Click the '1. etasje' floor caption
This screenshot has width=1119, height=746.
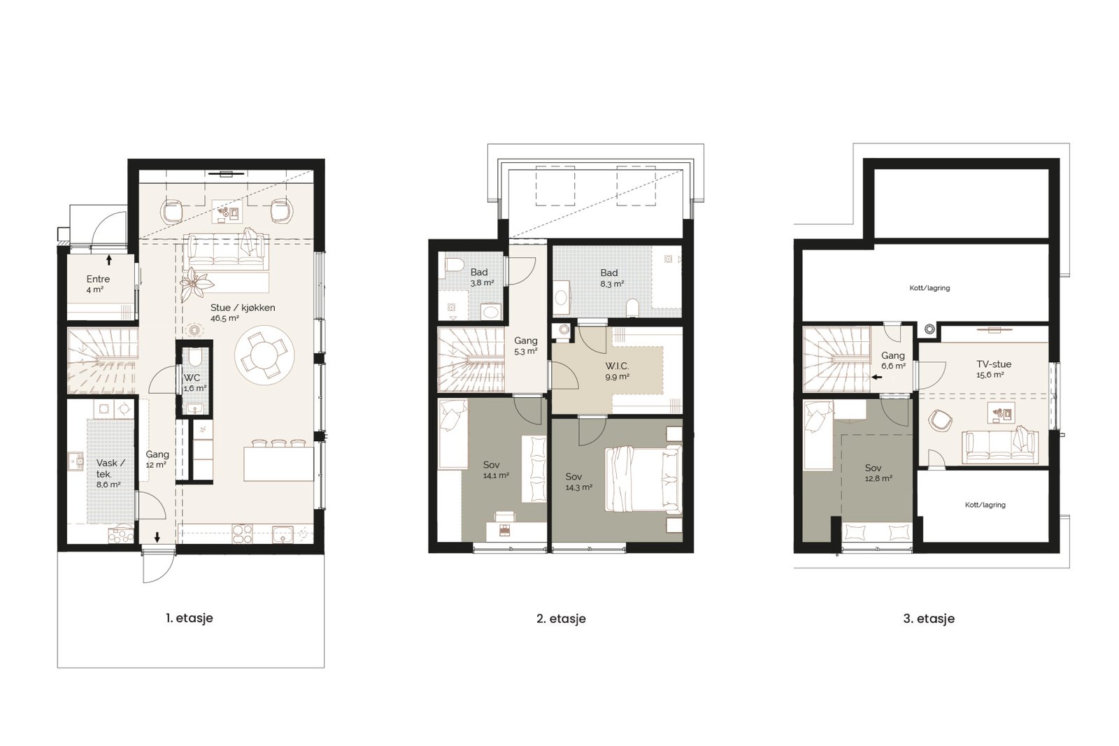click(x=190, y=618)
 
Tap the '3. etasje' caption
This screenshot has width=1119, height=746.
click(x=929, y=619)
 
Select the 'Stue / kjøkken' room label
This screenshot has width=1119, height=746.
click(x=243, y=308)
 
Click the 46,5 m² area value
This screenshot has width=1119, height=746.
click(x=224, y=319)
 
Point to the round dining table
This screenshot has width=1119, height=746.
click(x=264, y=355)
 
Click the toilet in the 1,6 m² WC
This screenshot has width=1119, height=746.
click(x=194, y=356)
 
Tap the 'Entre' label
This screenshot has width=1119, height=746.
click(x=98, y=279)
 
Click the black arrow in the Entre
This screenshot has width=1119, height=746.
click(x=109, y=259)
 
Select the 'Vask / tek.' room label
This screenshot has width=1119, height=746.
click(x=108, y=468)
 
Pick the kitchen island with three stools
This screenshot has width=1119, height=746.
click(x=279, y=464)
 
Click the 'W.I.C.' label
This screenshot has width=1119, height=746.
click(x=617, y=366)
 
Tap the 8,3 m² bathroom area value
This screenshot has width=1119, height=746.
click(x=613, y=284)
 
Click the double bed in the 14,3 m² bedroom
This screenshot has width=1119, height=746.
click(x=643, y=479)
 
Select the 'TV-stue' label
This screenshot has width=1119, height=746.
click(x=994, y=364)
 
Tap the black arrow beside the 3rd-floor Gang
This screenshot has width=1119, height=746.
click(x=876, y=378)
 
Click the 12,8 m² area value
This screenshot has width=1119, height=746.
click(x=878, y=478)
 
